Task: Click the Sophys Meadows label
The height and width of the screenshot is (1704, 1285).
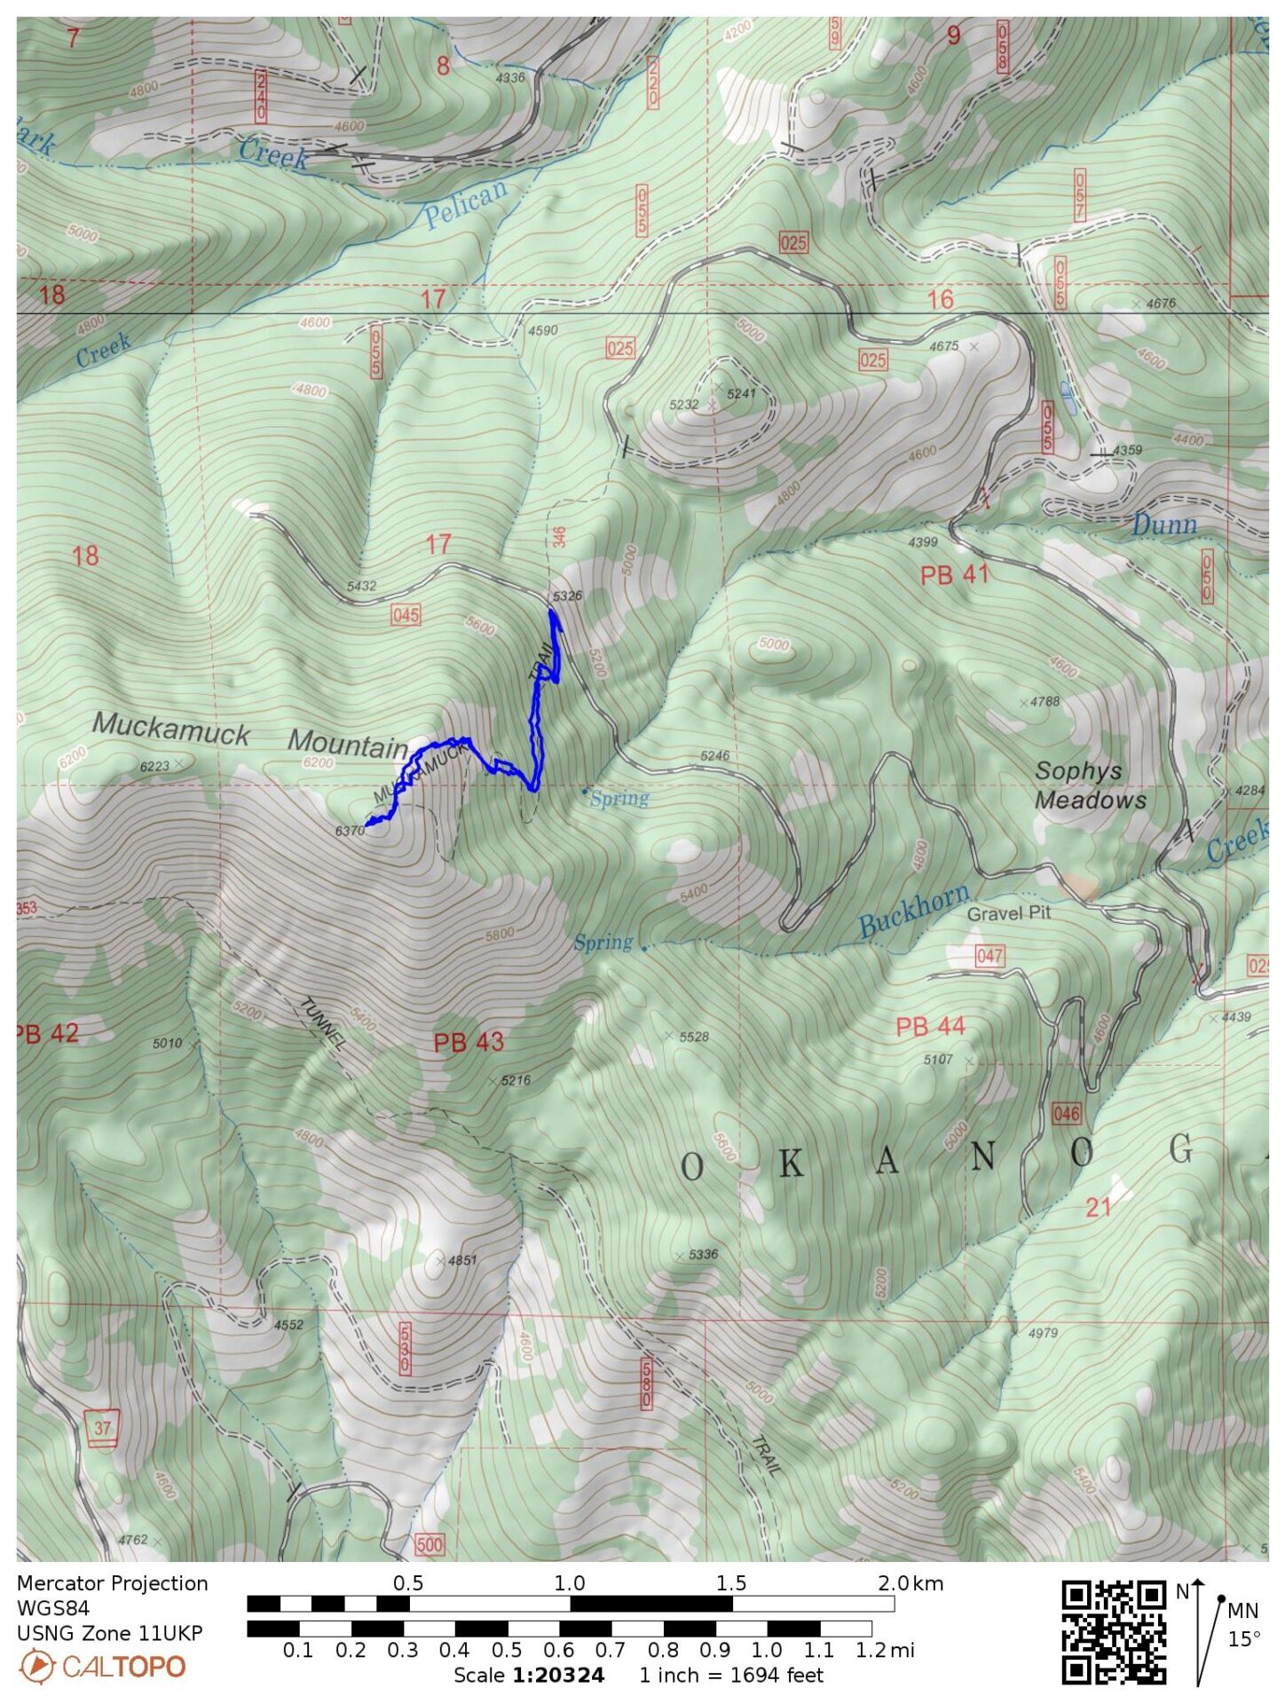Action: (1090, 785)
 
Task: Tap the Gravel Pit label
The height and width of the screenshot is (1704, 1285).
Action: (1008, 913)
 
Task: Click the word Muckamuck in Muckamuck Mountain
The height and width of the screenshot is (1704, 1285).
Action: (171, 728)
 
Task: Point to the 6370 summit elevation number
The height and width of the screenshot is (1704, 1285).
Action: (350, 831)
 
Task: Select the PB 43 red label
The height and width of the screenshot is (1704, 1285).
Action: (468, 1042)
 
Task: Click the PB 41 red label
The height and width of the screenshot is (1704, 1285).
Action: (954, 575)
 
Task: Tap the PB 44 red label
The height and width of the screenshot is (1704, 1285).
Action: (929, 1027)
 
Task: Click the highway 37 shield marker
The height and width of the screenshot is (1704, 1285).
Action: (104, 1428)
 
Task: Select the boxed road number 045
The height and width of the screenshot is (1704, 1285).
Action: (405, 615)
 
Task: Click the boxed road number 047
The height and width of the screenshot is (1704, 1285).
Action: (989, 956)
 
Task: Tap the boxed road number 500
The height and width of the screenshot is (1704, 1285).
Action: (429, 1544)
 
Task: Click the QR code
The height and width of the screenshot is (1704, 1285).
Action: (1113, 1631)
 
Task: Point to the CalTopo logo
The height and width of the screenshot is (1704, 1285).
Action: (102, 1667)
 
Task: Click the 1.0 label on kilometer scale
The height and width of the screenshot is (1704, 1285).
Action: (569, 1583)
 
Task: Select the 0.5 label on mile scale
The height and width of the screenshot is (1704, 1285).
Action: (506, 1651)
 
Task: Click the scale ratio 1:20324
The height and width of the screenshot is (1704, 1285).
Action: (558, 1676)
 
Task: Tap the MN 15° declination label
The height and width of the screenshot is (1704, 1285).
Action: (1242, 1625)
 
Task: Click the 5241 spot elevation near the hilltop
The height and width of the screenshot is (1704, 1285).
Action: (740, 393)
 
